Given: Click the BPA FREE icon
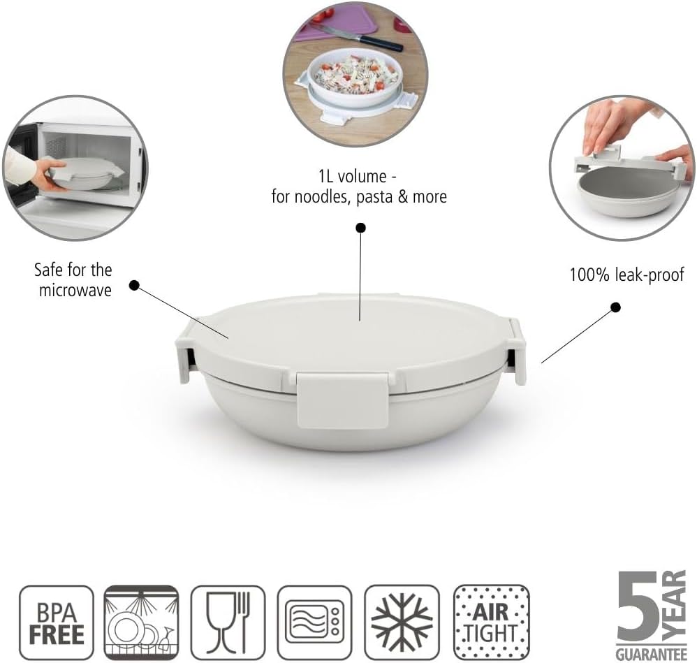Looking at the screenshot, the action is (x=57, y=622).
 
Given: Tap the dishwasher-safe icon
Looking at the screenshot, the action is (x=141, y=622).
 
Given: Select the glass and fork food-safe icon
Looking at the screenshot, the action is (x=228, y=622).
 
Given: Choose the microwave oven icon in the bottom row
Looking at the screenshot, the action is (x=315, y=622).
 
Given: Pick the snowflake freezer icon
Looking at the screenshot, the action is (x=402, y=622).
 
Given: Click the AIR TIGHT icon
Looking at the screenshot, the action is (x=492, y=622).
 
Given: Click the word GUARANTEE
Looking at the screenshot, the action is (x=651, y=654).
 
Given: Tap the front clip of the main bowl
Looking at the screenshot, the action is (x=342, y=400).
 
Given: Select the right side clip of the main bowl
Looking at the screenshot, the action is (x=518, y=351).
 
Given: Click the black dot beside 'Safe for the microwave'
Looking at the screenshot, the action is (x=134, y=285).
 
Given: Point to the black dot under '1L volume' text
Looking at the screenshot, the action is (x=361, y=228).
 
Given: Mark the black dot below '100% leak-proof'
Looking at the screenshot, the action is (x=616, y=307).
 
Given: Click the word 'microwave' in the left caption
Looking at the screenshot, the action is (x=75, y=291).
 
